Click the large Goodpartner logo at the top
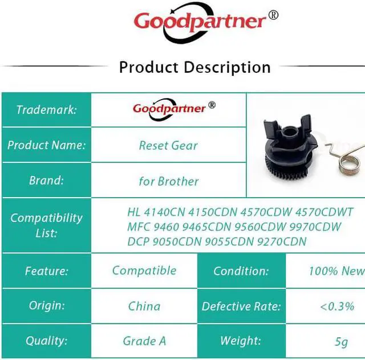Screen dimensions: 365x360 pyautogui.click(x=200, y=23)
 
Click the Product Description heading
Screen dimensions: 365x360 pyautogui.click(x=195, y=67)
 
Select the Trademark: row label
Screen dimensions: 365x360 pyautogui.click(x=47, y=110)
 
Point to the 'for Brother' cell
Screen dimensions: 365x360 pyautogui.click(x=169, y=181)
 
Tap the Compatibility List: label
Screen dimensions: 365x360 pyautogui.click(x=47, y=226)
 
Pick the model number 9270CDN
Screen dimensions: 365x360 pyautogui.click(x=282, y=242)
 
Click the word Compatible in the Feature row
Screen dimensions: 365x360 pyautogui.click(x=144, y=271)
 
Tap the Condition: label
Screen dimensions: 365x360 pyautogui.click(x=241, y=271)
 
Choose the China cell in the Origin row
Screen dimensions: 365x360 pyautogui.click(x=144, y=306)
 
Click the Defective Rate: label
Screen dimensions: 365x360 pyautogui.click(x=241, y=306)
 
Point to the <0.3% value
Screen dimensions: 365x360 pyautogui.click(x=337, y=306)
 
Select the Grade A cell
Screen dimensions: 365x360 pyautogui.click(x=144, y=341)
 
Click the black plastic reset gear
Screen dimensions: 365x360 pyautogui.click(x=290, y=149)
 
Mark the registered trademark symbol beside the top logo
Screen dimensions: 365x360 pyautogui.click(x=273, y=15)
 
